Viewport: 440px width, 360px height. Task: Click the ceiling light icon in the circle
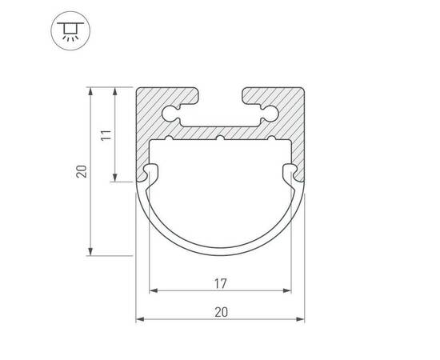click(x=70, y=30)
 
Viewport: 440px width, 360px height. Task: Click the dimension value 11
click(x=106, y=135)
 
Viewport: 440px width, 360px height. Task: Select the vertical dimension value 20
click(x=82, y=171)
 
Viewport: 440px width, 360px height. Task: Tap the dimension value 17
click(x=220, y=284)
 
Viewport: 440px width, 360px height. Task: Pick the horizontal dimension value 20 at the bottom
click(x=221, y=312)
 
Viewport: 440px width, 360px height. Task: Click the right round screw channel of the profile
click(x=270, y=113)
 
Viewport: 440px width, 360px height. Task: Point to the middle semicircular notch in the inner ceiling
click(x=220, y=138)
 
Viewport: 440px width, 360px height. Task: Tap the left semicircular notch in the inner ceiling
click(x=170, y=138)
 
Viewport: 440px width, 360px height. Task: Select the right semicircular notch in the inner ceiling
click(x=271, y=138)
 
